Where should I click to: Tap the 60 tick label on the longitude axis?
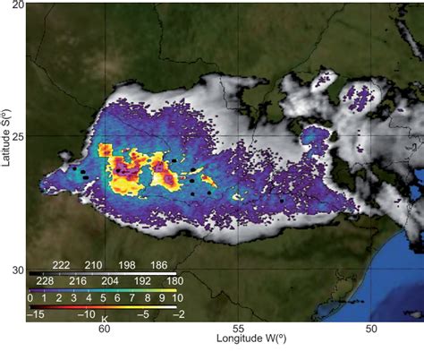pos(104,330)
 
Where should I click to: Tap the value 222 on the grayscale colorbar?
pos(62,266)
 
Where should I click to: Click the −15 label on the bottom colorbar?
pos(37,315)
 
